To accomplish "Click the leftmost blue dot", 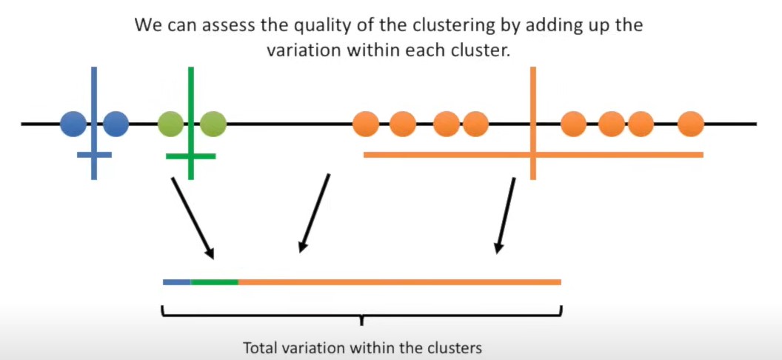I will tap(73, 124).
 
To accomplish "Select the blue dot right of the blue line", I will tap(116, 124).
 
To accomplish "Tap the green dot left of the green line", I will tap(171, 124).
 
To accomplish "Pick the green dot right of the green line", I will tap(213, 124).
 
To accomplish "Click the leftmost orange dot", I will tap(366, 124).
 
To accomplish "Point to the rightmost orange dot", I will tap(690, 124).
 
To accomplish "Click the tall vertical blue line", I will tap(94, 89).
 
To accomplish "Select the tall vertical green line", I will tap(191, 89).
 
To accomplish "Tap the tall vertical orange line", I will tap(532, 89).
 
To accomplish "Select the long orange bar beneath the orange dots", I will tap(444, 155).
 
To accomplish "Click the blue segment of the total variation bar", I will tap(177, 282).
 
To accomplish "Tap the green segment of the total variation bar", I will tap(215, 282).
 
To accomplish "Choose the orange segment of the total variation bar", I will tap(400, 282).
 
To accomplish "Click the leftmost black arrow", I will tap(193, 218).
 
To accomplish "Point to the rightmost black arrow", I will tap(507, 215).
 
